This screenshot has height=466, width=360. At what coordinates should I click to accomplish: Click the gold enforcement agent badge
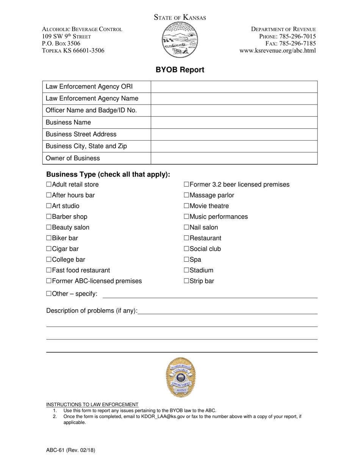pos(180,377)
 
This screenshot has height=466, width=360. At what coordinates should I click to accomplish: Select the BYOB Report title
pos(180,70)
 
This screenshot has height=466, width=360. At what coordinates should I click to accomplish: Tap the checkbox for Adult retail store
pos(49,185)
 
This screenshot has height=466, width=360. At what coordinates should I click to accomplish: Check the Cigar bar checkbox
pos(49,249)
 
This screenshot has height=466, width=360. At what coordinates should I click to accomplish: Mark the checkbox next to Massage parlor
pos(186,195)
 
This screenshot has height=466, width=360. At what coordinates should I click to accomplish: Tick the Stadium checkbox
pos(186,271)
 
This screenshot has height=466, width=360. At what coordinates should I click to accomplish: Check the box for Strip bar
pos(186,281)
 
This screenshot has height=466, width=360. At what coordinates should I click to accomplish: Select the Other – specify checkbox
pos(49,294)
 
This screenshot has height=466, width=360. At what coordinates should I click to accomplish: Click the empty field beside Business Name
pos(234,122)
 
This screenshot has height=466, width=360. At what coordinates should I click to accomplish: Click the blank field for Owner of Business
pos(234,158)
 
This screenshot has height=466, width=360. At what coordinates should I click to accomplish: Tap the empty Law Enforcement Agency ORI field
pos(234,87)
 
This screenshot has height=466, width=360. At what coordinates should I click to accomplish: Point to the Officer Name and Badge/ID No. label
pos(91,111)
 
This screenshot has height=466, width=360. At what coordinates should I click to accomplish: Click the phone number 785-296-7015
pos(297,36)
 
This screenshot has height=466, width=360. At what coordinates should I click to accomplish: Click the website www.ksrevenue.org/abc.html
pos(277,51)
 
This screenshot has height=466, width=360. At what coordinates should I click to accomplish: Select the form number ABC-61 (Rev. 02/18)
pos(70,450)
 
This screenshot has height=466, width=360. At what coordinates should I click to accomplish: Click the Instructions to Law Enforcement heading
pos(92,404)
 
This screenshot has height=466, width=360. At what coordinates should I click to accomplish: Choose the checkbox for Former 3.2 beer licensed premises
pos(186,185)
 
